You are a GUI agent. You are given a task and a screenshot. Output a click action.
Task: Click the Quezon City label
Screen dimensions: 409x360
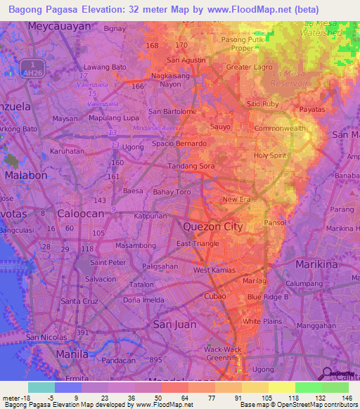212,226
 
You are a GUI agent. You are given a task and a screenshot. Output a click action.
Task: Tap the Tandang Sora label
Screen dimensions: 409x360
191,166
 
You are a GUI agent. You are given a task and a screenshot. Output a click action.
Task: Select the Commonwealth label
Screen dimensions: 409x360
280,129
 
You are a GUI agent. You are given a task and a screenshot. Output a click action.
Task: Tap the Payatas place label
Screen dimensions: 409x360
311,110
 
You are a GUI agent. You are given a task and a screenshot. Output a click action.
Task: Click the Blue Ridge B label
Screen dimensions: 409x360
268,297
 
